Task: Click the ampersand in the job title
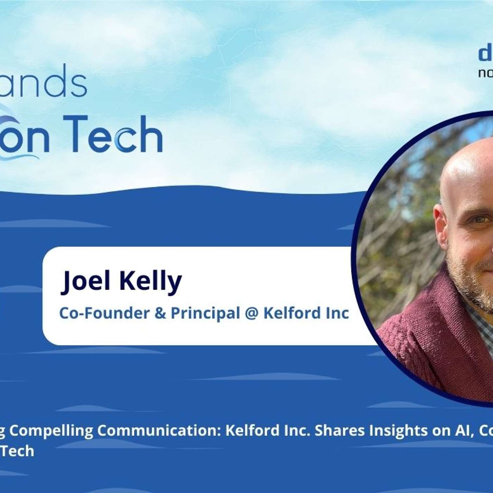160,313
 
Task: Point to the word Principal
205,313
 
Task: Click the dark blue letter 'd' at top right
485,55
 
